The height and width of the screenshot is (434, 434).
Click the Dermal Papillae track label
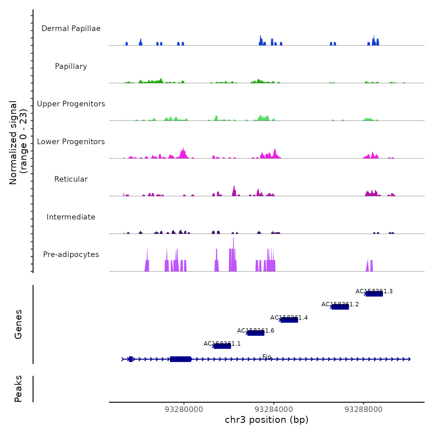click(x=71, y=29)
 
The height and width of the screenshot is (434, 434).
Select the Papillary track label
click(x=71, y=66)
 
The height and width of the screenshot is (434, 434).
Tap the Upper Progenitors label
click(x=71, y=104)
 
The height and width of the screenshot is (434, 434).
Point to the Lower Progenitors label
click(x=71, y=142)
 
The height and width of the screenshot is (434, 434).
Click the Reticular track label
click(x=71, y=179)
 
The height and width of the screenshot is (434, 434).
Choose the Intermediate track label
click(x=71, y=217)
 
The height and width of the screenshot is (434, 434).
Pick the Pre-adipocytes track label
click(x=71, y=255)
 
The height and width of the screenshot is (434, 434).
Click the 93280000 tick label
click(x=184, y=410)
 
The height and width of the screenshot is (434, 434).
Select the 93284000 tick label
click(x=274, y=410)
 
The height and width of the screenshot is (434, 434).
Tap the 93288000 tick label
click(x=364, y=410)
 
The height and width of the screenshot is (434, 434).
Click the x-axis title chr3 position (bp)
click(x=267, y=420)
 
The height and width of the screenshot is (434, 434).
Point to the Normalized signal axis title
click(x=18, y=143)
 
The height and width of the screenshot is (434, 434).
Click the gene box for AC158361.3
click(x=374, y=294)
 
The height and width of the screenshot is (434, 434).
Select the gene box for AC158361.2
click(x=340, y=307)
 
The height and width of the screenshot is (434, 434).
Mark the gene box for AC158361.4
click(x=289, y=320)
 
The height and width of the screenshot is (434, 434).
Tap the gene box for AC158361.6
click(x=256, y=333)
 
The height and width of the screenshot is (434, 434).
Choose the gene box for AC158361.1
click(x=222, y=346)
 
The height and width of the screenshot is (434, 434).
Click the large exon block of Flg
click(x=180, y=359)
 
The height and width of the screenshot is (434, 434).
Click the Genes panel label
click(x=18, y=324)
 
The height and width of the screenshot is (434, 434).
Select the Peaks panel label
click(x=18, y=389)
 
